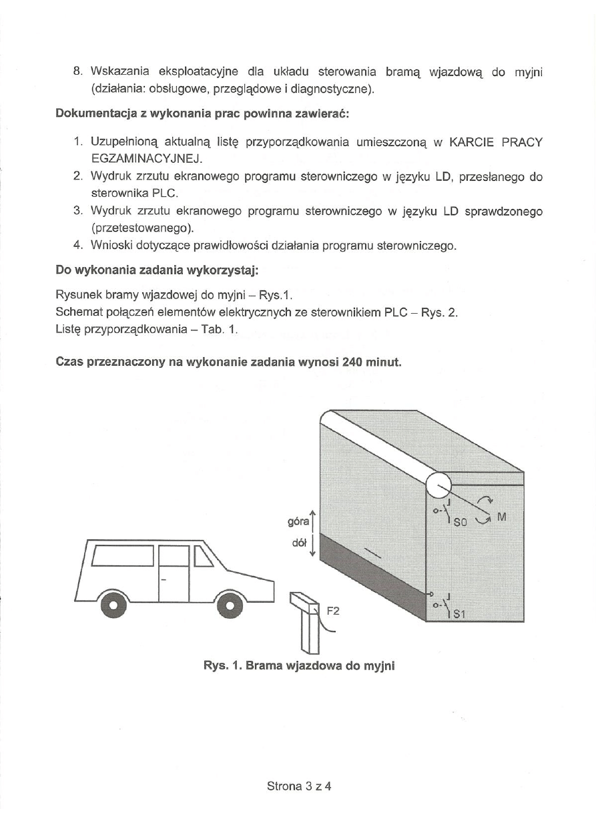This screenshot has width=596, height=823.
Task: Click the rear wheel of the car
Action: tap(114, 605)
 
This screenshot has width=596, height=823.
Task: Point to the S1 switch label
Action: tap(459, 615)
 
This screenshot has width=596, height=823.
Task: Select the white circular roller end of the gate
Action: tap(439, 486)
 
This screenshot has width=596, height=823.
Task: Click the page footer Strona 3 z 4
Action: tap(299, 786)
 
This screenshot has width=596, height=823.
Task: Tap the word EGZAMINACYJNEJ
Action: tap(145, 159)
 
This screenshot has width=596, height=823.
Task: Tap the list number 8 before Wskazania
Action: tap(77, 71)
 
